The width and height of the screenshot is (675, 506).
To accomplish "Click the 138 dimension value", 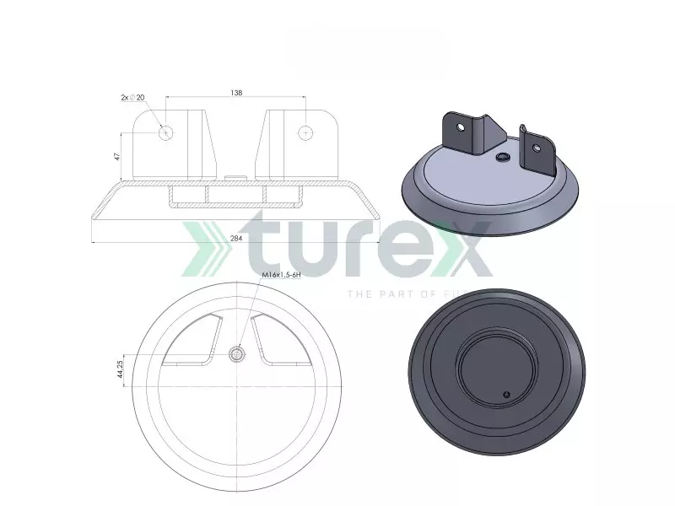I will tap(236, 93).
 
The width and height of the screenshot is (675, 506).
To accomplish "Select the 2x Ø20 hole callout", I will tap(132, 98).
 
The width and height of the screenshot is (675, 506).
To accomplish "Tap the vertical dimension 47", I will tap(117, 155).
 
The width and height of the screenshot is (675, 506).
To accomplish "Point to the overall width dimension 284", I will tap(236, 239).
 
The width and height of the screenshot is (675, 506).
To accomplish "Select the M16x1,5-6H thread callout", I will tap(281, 276).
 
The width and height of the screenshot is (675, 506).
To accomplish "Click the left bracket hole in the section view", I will tap(166, 132).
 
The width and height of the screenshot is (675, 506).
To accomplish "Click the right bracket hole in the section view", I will tap(306, 132).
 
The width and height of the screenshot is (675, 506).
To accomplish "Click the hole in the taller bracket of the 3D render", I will tap(461, 127).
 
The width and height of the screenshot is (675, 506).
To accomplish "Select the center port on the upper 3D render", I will tap(503, 157).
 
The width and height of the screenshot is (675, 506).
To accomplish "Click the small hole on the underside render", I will tap(505, 394).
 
